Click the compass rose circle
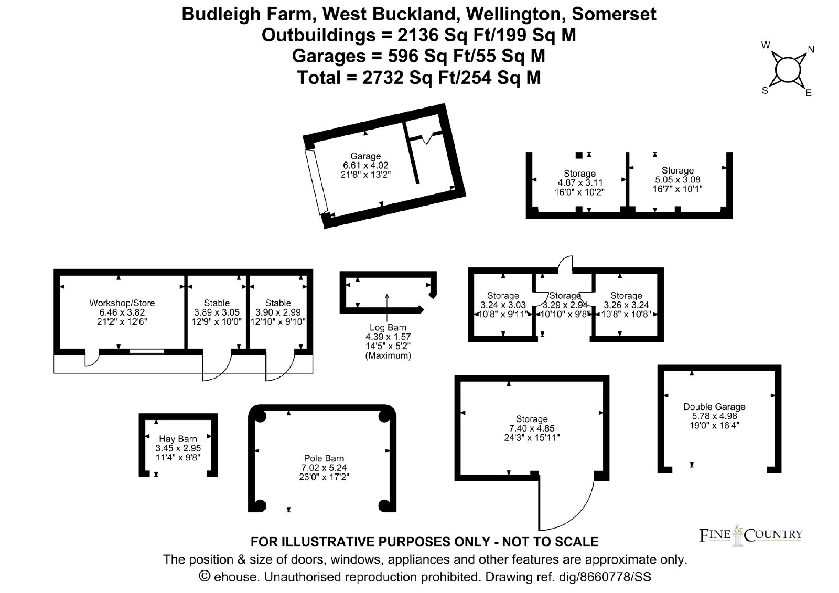(786, 69)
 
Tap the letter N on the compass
(811, 50)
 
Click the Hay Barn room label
(178, 439)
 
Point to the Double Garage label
(714, 407)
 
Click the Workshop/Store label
(122, 303)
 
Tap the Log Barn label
(388, 327)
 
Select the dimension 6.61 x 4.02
(365, 165)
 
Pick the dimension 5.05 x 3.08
(677, 179)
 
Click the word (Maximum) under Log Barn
(388, 355)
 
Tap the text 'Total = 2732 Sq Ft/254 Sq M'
(419, 78)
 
